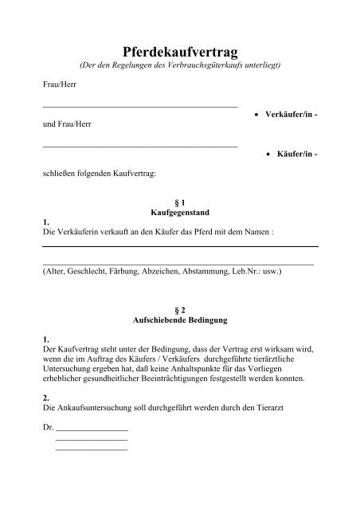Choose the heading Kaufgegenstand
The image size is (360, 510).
179,214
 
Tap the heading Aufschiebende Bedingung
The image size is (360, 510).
179,320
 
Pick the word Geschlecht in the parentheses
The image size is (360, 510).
88,272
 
